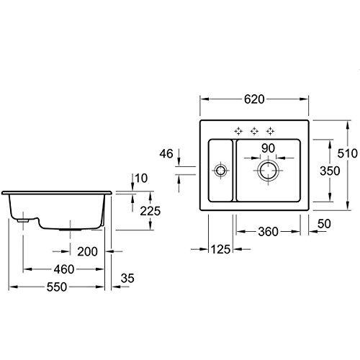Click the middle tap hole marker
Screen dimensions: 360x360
tap(254, 130)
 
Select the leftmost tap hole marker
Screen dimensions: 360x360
tap(238, 130)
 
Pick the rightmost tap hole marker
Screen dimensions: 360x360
tap(270, 130)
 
